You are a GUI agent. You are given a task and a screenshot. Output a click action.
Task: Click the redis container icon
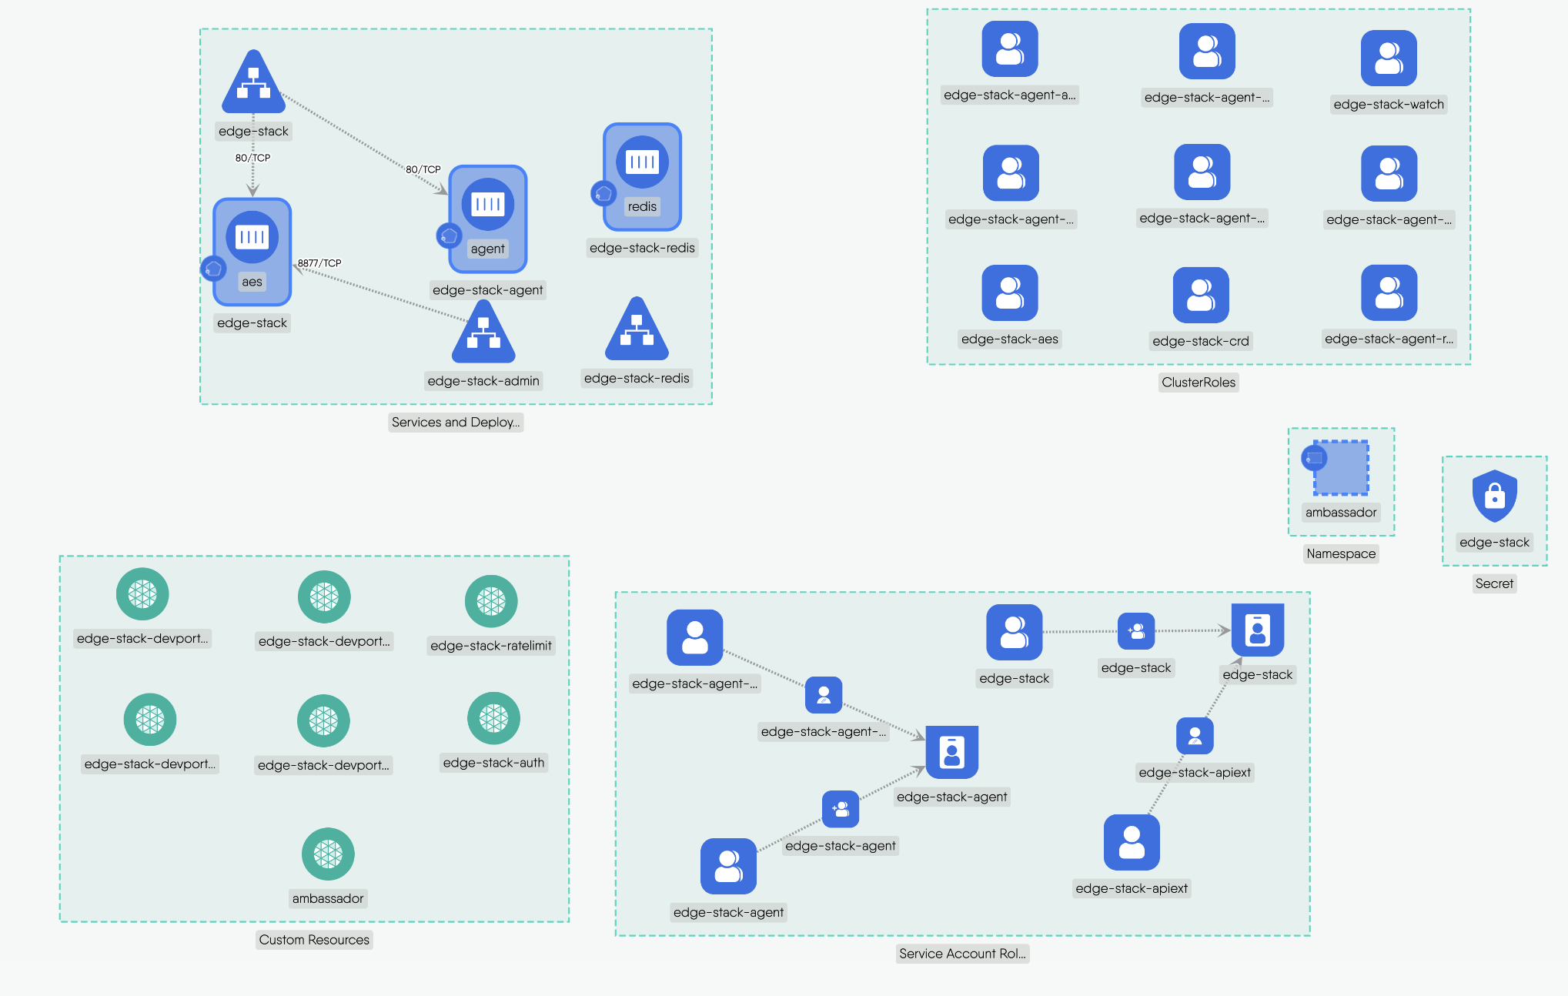tap(642, 162)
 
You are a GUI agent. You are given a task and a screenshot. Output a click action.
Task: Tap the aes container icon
tap(252, 237)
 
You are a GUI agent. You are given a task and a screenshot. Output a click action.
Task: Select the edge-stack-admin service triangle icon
tap(483, 333)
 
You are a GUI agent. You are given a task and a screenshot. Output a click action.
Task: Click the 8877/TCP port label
tap(319, 263)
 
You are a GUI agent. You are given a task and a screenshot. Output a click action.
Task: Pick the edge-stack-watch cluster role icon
tap(1389, 58)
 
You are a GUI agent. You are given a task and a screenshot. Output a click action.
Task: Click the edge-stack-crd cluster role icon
tap(1201, 296)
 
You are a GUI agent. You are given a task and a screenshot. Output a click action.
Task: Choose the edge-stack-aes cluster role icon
tap(1010, 293)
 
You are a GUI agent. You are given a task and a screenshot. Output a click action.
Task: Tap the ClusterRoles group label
tap(1199, 383)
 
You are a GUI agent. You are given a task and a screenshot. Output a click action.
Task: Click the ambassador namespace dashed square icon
tap(1341, 467)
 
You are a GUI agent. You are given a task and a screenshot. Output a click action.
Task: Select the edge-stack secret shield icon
tap(1494, 496)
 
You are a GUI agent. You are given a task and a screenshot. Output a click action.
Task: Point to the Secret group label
tap(1494, 583)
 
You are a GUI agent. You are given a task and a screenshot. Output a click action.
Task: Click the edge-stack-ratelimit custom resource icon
tap(491, 601)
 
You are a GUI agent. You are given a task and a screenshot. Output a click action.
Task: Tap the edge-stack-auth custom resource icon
tap(493, 719)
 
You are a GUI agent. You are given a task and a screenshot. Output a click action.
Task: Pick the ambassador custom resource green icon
tap(328, 854)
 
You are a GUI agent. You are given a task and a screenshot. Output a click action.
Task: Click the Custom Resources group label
tap(314, 940)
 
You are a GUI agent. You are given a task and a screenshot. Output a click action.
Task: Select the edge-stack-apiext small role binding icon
tap(1195, 736)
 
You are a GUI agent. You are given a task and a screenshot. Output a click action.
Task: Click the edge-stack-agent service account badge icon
tap(951, 752)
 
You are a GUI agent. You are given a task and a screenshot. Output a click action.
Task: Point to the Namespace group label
tap(1341, 553)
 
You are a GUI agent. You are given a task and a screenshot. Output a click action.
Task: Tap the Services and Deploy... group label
tap(456, 422)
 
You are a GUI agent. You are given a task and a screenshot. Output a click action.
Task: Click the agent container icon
tap(487, 204)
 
